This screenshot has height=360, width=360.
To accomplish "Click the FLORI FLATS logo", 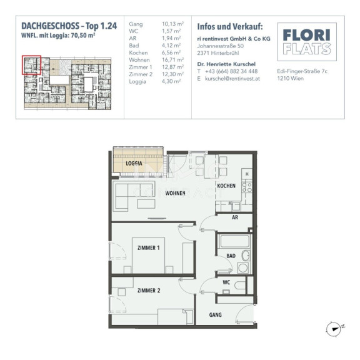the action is click(307, 42).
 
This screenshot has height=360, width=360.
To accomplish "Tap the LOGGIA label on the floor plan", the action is click(134, 164).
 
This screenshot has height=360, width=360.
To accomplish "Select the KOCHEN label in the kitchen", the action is click(226, 186).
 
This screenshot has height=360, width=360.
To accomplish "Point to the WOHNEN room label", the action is click(175, 193).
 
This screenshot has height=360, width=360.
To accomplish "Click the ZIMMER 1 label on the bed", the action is click(148, 248).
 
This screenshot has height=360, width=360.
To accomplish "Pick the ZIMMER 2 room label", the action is click(149, 291).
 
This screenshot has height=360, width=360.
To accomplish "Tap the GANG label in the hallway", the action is click(216, 315).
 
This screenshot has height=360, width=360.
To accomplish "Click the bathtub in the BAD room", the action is click(234, 241).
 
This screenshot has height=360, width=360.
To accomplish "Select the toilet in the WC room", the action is click(240, 286).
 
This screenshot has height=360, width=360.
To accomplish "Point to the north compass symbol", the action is click(335, 329).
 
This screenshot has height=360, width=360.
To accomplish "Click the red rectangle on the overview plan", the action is click(31, 65).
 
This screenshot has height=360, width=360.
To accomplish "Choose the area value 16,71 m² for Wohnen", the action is click(172, 60).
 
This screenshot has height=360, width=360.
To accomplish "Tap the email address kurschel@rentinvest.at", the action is click(232, 79).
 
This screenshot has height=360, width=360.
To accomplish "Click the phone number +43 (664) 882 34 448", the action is click(231, 71).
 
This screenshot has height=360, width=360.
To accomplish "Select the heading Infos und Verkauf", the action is click(230, 27).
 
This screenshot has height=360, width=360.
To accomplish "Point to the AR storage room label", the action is click(235, 217).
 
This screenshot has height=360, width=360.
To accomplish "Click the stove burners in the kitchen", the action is click(247, 187).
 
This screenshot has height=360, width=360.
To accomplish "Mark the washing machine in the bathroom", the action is click(243, 267).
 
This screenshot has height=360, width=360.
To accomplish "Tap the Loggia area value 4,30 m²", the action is click(171, 81).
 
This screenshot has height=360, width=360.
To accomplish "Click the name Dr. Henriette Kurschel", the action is click(226, 64).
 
